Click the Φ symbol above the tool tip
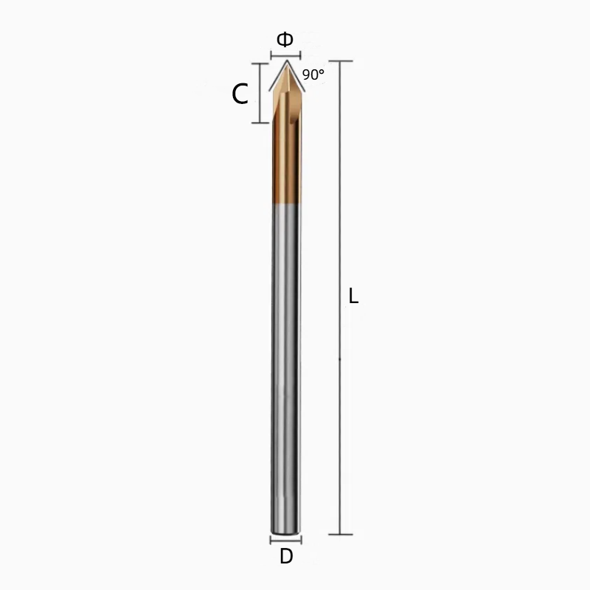(285, 40)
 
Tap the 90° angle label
(313, 74)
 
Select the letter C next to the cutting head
(240, 94)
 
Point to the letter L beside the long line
(353, 296)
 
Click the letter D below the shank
(286, 558)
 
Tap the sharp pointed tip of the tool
(285, 63)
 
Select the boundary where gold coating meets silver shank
(285, 204)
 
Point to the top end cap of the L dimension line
(340, 60)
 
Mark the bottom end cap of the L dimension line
(340, 534)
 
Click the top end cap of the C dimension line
(260, 63)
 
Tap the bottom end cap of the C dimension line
(260, 122)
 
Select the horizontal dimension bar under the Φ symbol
(285, 56)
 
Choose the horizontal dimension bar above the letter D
(285, 539)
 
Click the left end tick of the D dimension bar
(271, 539)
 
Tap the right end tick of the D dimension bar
(301, 539)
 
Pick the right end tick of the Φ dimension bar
(299, 56)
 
